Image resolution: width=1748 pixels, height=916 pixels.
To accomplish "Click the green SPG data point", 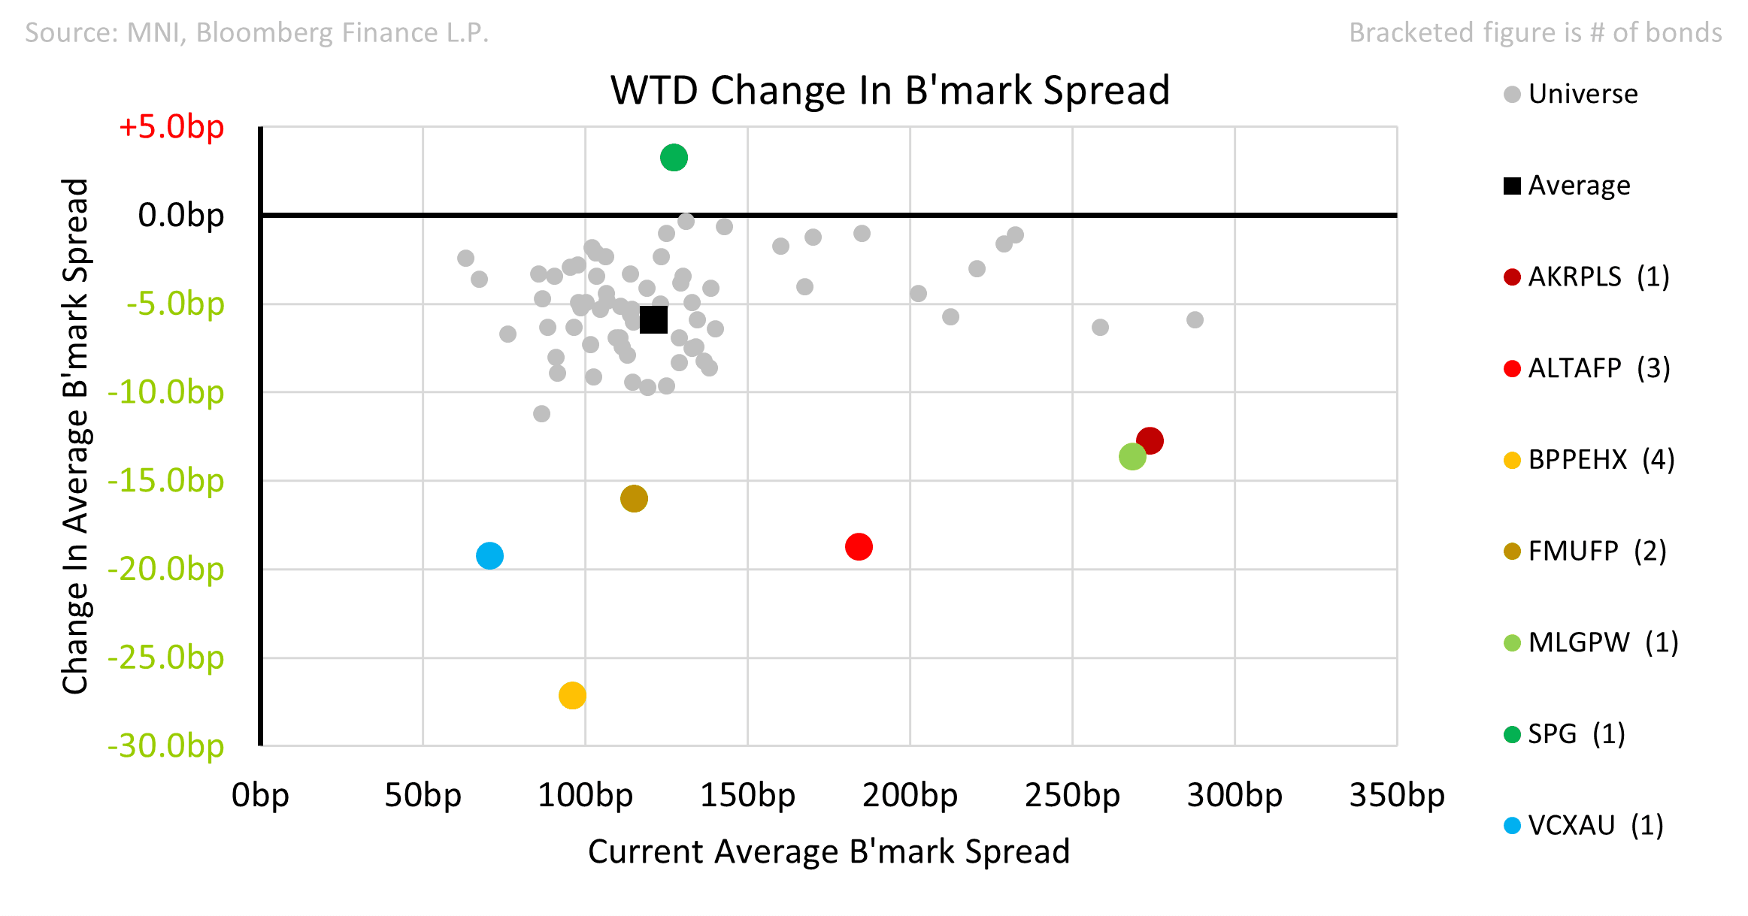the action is click(674, 158).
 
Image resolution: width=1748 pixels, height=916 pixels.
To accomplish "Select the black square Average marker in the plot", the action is click(653, 319).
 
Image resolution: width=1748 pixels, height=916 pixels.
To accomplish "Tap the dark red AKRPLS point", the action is click(1150, 440).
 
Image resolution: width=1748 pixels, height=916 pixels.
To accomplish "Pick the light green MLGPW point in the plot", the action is click(1132, 456).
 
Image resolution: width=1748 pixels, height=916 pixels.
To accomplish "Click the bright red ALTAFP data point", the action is click(859, 546).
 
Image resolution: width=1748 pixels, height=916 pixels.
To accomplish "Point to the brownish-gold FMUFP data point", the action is click(634, 498).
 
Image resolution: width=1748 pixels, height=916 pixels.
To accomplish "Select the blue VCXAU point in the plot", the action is click(489, 556).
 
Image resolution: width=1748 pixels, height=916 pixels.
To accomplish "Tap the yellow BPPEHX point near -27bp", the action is click(572, 695).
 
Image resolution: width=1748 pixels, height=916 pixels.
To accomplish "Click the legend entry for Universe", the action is click(1571, 94).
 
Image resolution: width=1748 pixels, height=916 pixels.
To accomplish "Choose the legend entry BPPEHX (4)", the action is click(1589, 460).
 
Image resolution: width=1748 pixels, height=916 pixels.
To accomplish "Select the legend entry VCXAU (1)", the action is click(1583, 825).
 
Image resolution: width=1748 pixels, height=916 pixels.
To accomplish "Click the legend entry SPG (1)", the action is click(1565, 733).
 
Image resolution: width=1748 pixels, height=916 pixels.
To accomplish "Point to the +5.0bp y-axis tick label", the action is click(171, 126).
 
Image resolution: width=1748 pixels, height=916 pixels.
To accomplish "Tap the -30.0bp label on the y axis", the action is click(166, 745).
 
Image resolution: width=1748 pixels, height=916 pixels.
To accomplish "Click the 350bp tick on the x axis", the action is click(1397, 795).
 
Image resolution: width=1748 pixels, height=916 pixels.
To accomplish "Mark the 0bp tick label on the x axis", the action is click(260, 795).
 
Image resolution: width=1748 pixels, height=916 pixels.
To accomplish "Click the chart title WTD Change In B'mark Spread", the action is click(890, 90).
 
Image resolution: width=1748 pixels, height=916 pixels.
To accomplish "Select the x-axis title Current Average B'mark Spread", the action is click(829, 851).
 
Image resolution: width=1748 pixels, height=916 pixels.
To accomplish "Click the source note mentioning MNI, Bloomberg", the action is click(257, 32).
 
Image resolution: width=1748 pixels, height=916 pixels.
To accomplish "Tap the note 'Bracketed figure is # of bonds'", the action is click(1535, 32).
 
